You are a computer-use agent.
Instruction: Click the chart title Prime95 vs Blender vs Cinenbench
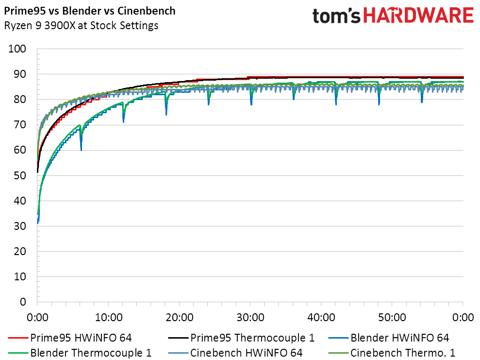coord(90,11)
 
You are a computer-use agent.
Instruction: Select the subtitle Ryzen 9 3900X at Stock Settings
coord(81,26)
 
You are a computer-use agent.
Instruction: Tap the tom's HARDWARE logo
coord(393,16)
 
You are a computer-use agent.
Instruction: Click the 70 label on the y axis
coord(20,125)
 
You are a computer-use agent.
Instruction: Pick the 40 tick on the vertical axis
coord(20,201)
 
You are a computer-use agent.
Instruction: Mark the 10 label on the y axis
coord(20,276)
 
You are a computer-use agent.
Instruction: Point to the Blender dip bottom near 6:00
coord(81,150)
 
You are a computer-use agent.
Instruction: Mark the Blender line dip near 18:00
coord(166,114)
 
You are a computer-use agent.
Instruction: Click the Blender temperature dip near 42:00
coord(336,104)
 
